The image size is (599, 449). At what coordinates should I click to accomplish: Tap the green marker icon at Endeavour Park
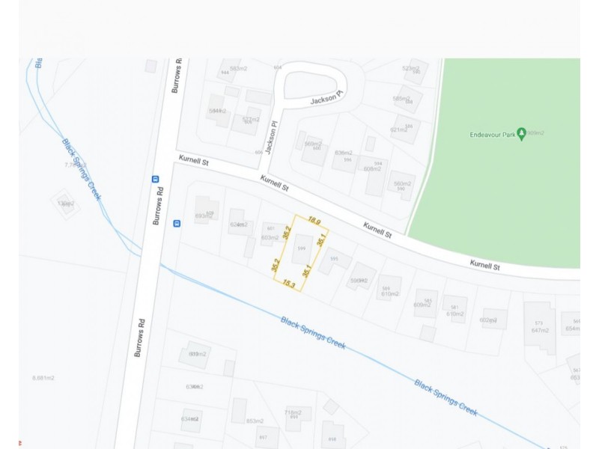522,132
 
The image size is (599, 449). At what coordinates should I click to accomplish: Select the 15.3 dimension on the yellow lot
288,284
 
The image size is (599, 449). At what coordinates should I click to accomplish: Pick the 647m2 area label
541,330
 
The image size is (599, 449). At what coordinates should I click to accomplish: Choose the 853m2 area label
255,421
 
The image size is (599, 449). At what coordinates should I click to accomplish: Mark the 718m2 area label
293,412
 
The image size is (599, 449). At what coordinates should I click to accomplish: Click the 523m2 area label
411,68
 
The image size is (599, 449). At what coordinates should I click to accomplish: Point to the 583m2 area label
239,69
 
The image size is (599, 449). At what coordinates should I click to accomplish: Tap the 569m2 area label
312,144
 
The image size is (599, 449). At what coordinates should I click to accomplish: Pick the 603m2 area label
270,238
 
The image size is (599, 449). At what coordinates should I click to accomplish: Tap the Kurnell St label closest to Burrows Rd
192,160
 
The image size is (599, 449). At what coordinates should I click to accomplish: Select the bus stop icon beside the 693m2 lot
177,223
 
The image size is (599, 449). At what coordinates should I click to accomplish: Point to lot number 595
335,259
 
